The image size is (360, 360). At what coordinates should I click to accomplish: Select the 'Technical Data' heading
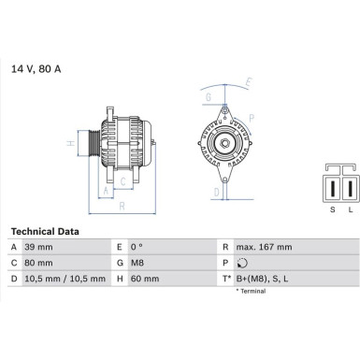point(45,231)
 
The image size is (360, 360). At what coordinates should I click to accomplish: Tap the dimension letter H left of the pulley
point(71,144)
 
